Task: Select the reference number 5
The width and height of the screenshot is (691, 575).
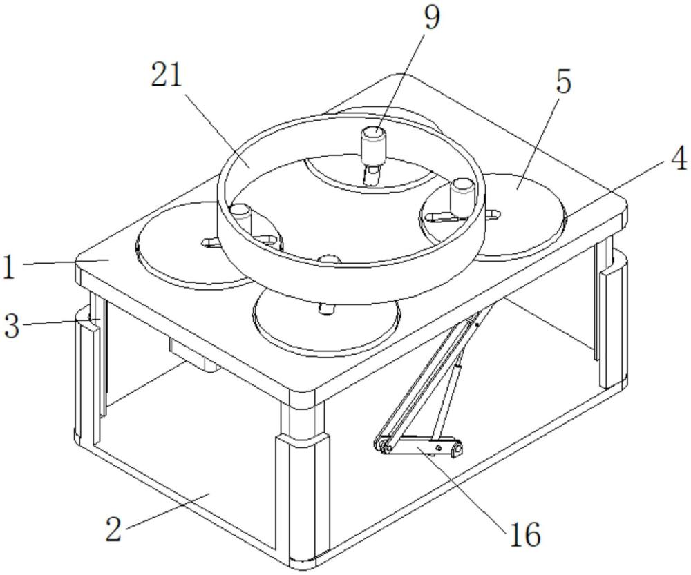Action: click(x=564, y=83)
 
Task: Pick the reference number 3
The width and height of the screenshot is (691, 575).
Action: click(x=12, y=327)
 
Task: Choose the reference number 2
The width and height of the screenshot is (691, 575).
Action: click(x=115, y=530)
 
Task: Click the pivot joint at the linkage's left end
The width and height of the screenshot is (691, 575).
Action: click(x=381, y=445)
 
